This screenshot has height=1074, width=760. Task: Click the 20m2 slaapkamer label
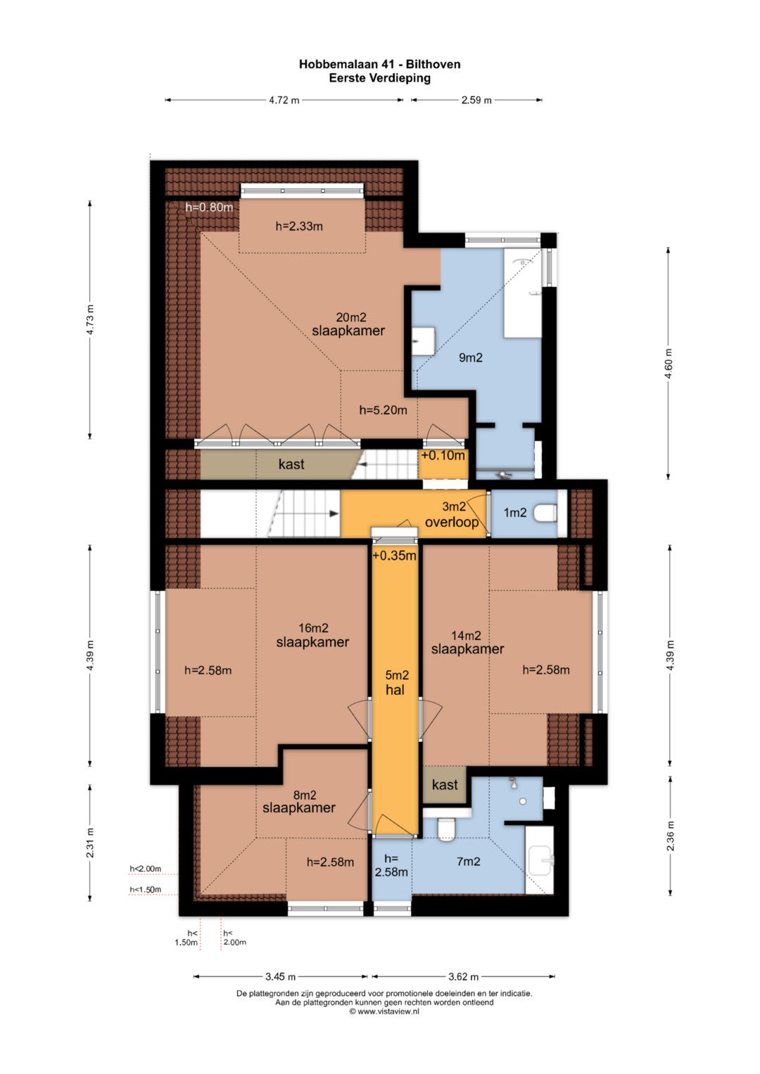(x=348, y=324)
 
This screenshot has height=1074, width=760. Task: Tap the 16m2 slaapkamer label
(x=312, y=635)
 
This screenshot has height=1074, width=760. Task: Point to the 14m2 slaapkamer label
(x=467, y=642)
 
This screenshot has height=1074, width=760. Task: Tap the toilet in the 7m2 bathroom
(x=445, y=829)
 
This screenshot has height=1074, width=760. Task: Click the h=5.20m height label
(x=383, y=410)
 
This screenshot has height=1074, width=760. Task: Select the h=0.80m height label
(x=209, y=207)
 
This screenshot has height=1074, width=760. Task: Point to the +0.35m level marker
(x=394, y=555)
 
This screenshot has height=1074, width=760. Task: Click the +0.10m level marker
(x=443, y=455)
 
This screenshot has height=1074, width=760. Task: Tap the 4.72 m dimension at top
(x=284, y=100)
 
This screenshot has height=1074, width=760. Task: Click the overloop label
(x=452, y=522)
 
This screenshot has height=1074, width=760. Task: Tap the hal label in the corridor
(x=395, y=690)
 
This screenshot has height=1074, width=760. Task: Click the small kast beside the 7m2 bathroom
(x=444, y=784)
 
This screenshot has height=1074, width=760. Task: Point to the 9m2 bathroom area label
(x=470, y=357)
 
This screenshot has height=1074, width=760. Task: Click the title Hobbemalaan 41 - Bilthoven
(x=379, y=64)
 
